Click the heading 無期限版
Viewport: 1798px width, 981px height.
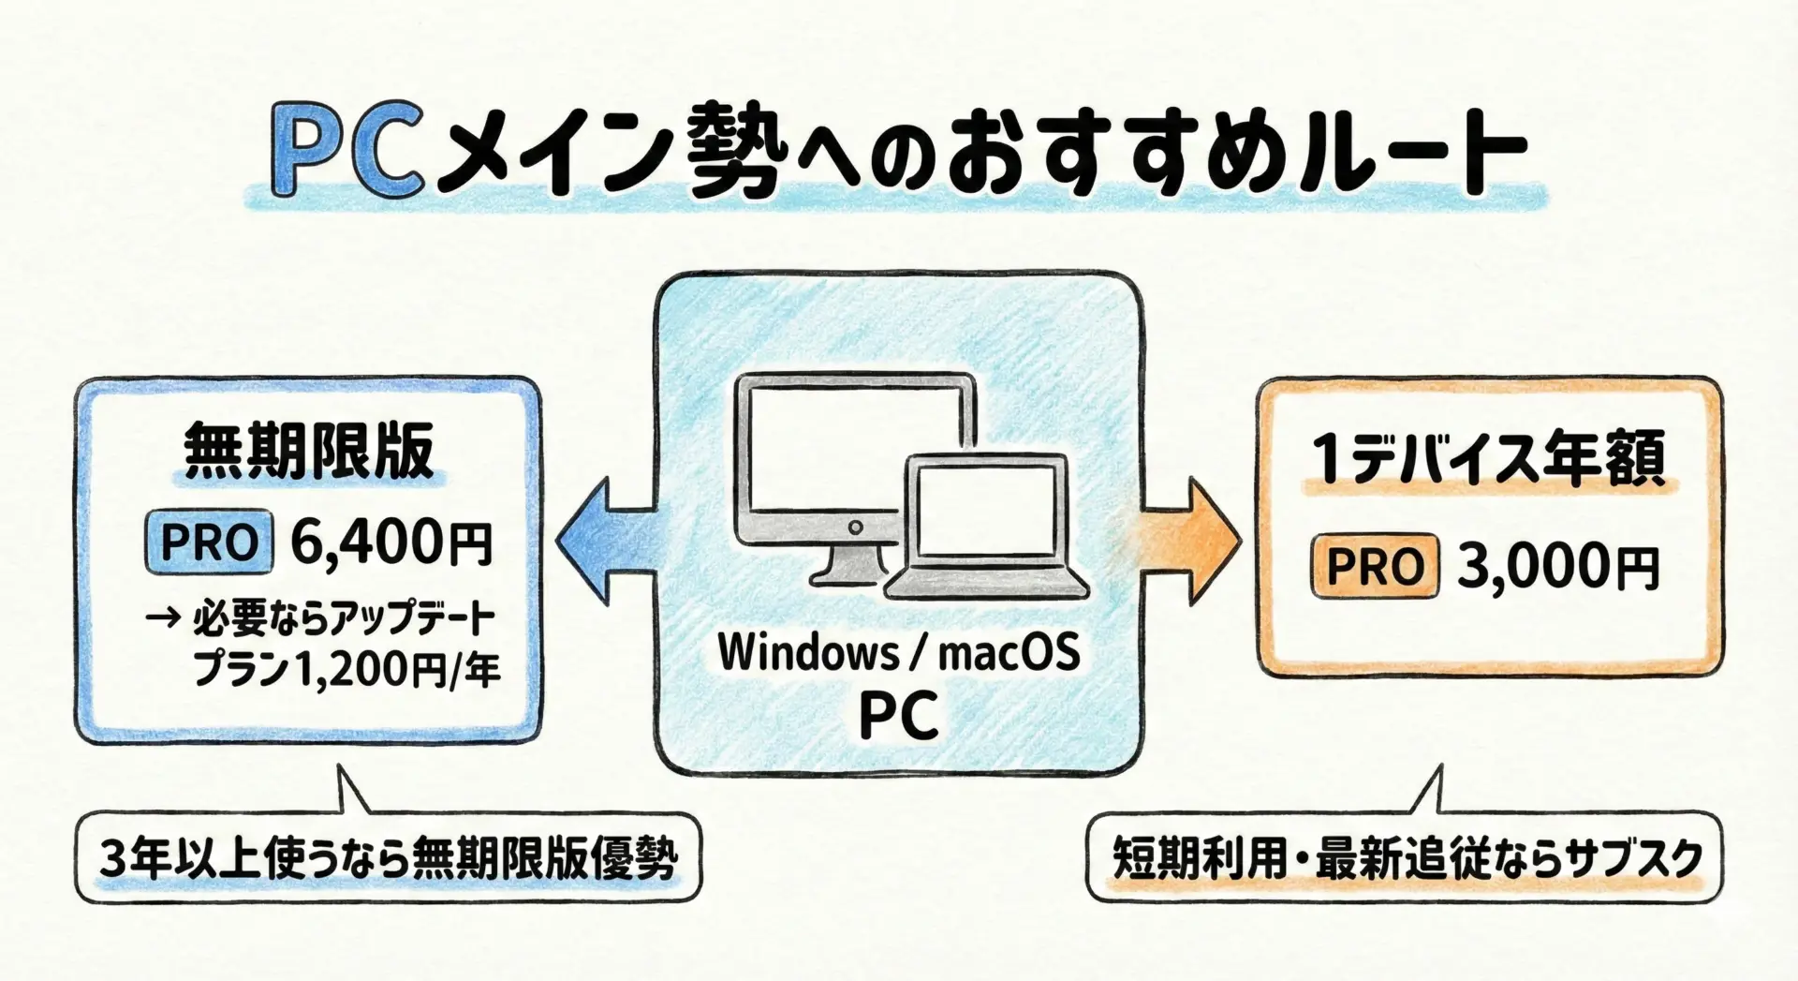pos(309,452)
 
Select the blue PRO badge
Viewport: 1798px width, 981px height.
pos(209,543)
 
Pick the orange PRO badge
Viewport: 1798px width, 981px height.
pos(1375,566)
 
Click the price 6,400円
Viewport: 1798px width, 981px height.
pos(391,542)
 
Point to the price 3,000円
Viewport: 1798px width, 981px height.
pos(1557,566)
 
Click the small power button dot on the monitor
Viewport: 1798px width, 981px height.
pos(854,528)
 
